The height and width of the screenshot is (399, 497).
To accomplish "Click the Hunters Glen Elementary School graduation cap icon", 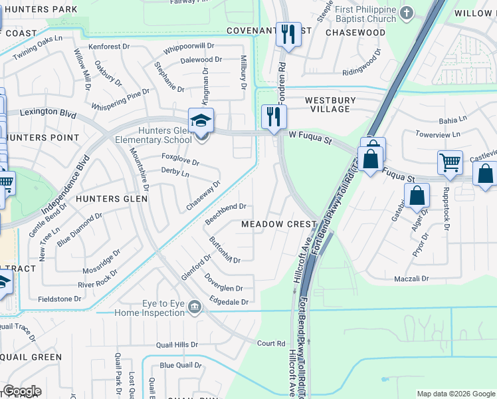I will tap(201, 122).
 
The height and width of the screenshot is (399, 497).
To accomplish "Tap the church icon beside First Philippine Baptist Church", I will tap(406, 13).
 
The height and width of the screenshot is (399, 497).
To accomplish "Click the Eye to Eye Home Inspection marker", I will tap(194, 307).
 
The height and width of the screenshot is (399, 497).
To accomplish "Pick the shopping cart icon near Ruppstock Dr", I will tap(450, 162).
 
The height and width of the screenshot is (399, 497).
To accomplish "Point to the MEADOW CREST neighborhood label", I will tap(278, 225).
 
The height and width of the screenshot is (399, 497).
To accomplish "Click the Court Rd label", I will tap(271, 344).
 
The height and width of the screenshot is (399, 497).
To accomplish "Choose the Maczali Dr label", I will tap(413, 279).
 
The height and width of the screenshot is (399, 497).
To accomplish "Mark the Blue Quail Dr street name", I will tap(180, 365).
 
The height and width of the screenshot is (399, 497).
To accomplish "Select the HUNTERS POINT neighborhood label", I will tap(41, 138).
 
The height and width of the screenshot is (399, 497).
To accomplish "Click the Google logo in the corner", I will tap(22, 390).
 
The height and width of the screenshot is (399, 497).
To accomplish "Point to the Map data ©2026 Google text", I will tap(455, 394).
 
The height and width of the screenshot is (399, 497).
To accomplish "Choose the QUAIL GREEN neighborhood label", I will tap(31, 357).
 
